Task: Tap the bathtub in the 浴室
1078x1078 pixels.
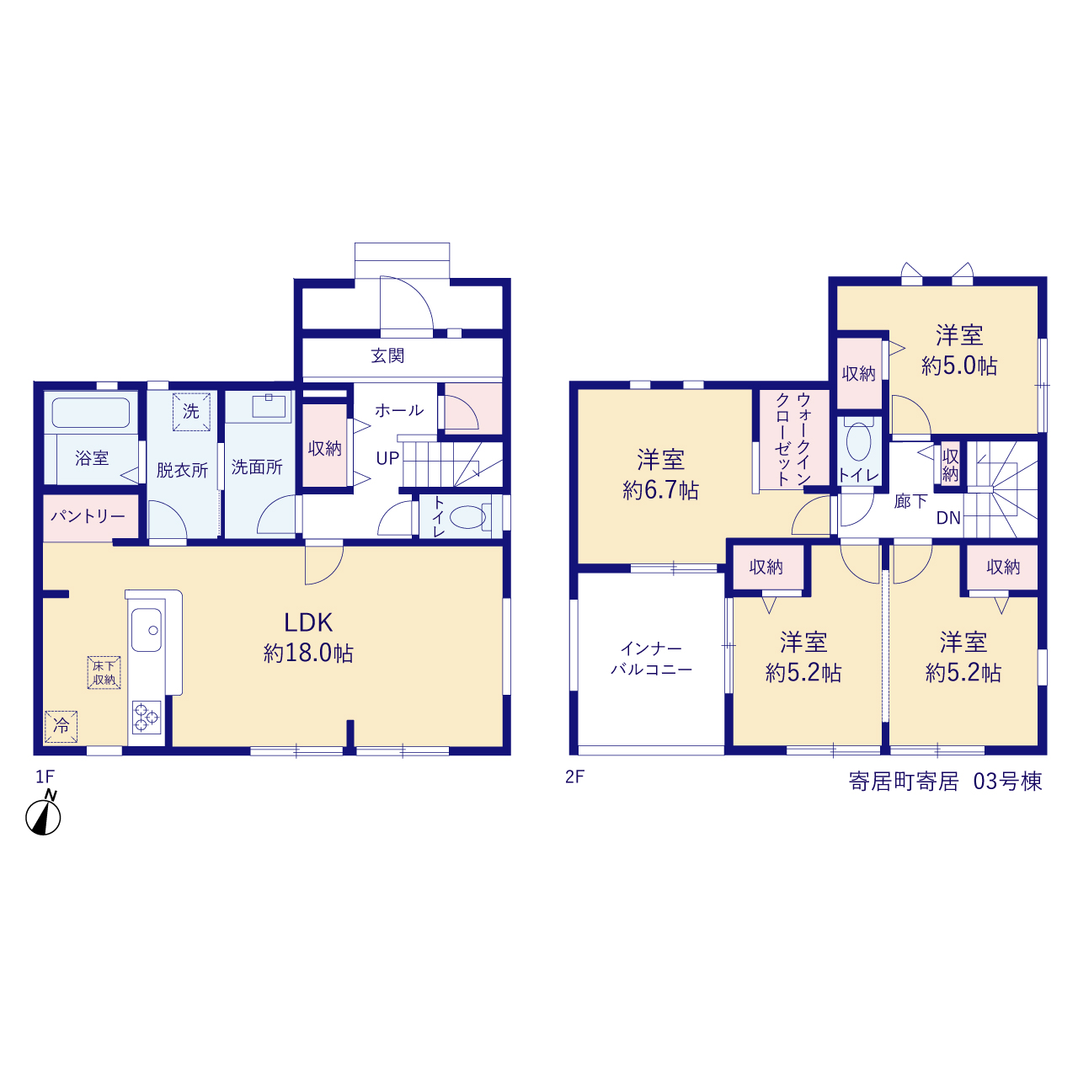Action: [x=91, y=413]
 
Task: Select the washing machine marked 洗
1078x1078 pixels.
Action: [x=191, y=412]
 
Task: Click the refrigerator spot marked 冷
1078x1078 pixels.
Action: [x=61, y=726]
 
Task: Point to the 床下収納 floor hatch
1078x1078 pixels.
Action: [x=104, y=672]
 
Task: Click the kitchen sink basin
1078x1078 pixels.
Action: [x=147, y=630]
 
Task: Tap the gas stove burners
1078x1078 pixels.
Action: [x=147, y=718]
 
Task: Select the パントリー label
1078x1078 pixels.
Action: [x=88, y=515]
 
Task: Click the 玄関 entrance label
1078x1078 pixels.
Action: [x=387, y=355]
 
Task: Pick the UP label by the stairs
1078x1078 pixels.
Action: [x=387, y=459]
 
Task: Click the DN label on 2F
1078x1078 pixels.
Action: [x=948, y=518]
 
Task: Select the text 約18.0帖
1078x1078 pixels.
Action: [x=308, y=654]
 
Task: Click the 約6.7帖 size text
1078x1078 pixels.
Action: [x=660, y=491]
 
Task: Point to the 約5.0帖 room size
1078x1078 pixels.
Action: [x=959, y=366]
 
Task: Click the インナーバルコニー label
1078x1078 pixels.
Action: [x=651, y=659]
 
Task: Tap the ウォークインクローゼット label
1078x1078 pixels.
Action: [x=793, y=439]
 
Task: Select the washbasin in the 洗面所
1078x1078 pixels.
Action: [x=269, y=406]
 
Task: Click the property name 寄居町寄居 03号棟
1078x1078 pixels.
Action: [x=946, y=782]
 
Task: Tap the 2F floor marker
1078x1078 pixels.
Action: [x=574, y=777]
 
